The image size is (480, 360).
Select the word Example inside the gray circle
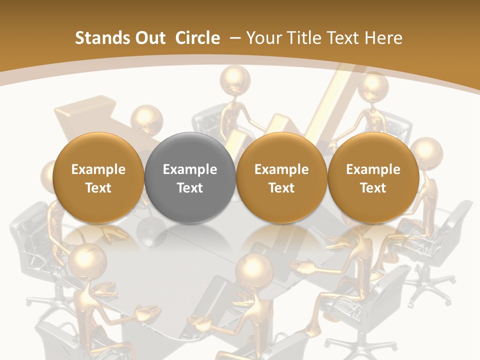click(190, 169)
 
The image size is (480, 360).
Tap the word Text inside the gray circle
click(190, 188)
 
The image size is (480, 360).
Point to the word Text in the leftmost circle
click(98, 188)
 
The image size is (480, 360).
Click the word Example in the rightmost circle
click(373, 169)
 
